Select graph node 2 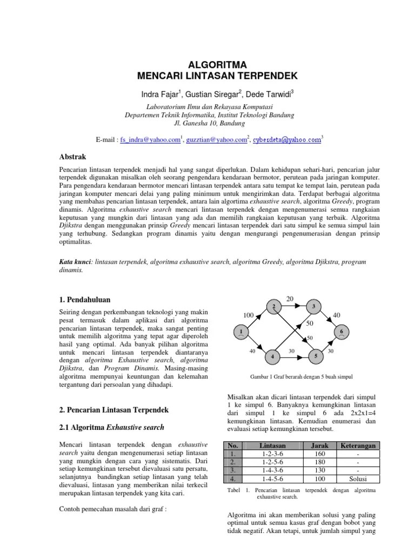point(274,307)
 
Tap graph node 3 point(314,307)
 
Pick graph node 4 point(273,356)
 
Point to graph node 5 point(315,356)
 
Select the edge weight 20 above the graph point(290,299)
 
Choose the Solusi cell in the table point(358,479)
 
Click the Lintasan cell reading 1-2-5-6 point(272,463)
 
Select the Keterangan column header point(358,446)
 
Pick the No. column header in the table point(233,446)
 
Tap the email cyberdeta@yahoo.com point(291,140)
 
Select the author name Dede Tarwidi point(269,95)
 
